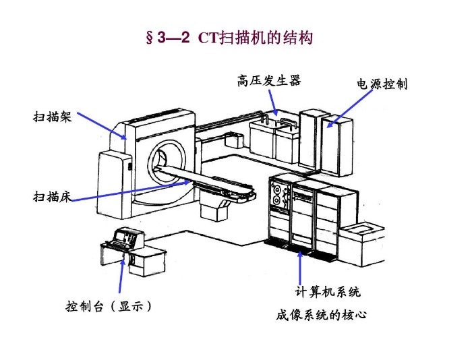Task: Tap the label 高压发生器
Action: click(268, 81)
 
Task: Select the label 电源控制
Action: click(382, 84)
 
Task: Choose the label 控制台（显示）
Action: click(109, 306)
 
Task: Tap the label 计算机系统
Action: click(328, 292)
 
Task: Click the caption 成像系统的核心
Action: click(321, 314)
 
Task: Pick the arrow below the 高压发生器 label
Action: click(273, 103)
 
